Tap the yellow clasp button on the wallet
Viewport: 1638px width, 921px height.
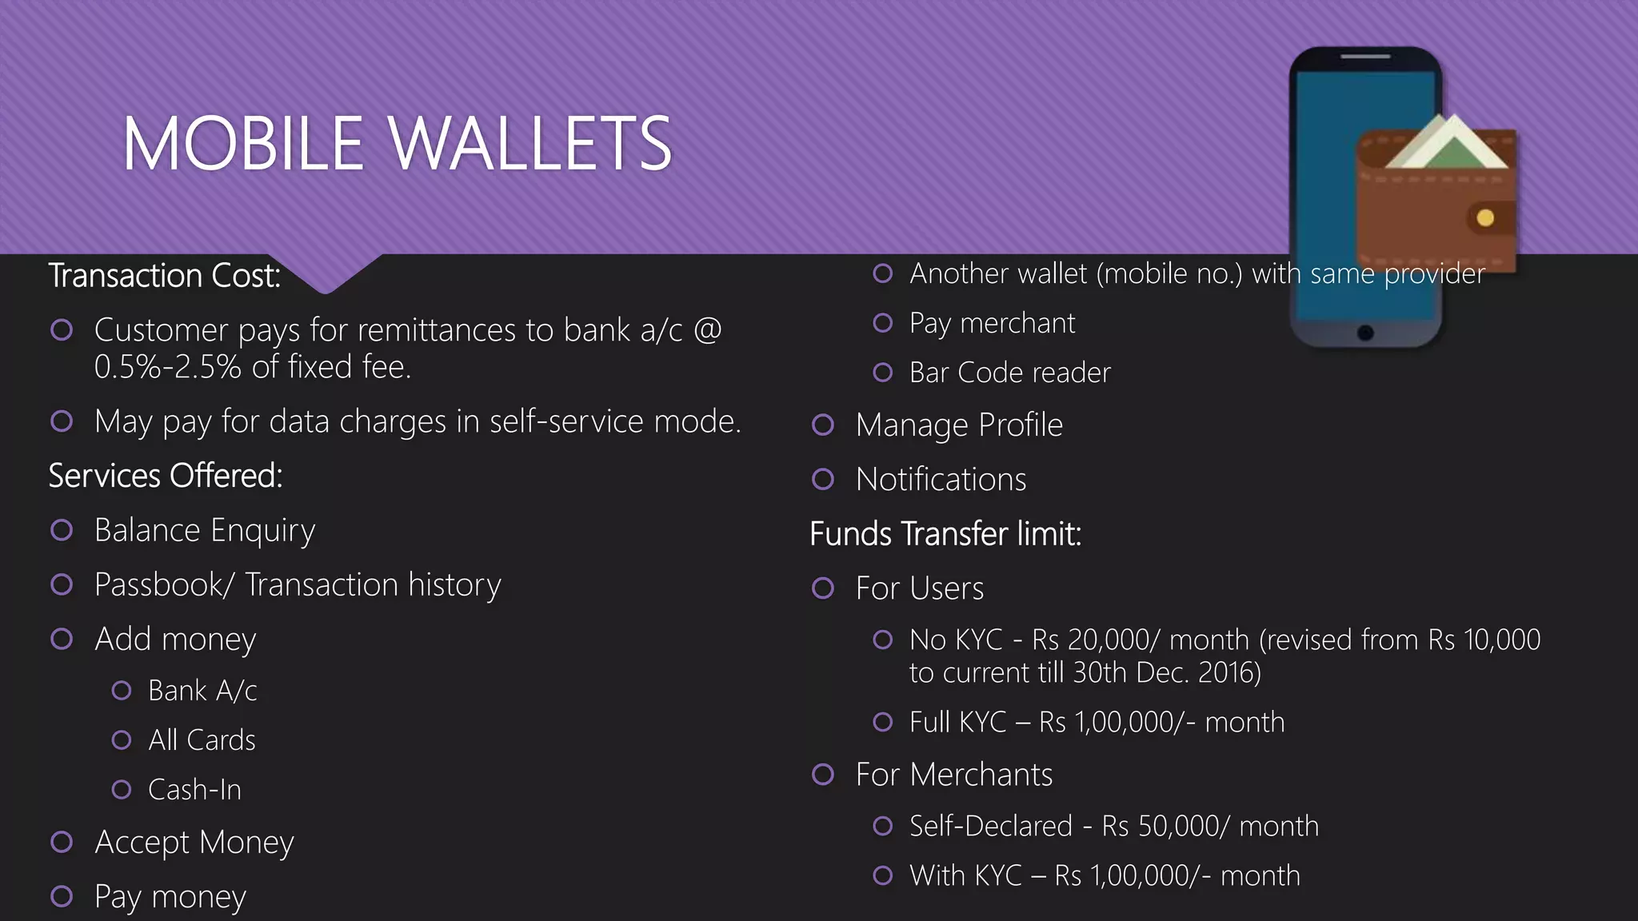pos(1485,217)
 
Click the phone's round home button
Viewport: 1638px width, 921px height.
pos(1365,333)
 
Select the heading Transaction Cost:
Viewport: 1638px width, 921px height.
pos(165,276)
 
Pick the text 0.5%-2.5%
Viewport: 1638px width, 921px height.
pos(167,367)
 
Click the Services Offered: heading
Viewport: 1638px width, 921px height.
pos(166,476)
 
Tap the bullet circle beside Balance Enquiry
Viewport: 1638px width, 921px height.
pos(62,530)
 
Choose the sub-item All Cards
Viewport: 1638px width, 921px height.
pos(202,740)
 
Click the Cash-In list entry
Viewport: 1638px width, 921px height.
pos(194,789)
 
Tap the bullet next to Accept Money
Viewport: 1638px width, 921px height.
pos(62,842)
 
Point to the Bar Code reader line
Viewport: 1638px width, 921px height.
pos(1009,373)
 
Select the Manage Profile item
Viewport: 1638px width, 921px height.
pos(959,425)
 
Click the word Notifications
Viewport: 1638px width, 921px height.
pos(941,479)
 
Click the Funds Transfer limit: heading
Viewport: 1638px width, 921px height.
pos(945,534)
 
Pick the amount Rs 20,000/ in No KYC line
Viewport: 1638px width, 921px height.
pos(1096,640)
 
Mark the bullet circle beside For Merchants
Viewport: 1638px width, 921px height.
pos(823,774)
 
